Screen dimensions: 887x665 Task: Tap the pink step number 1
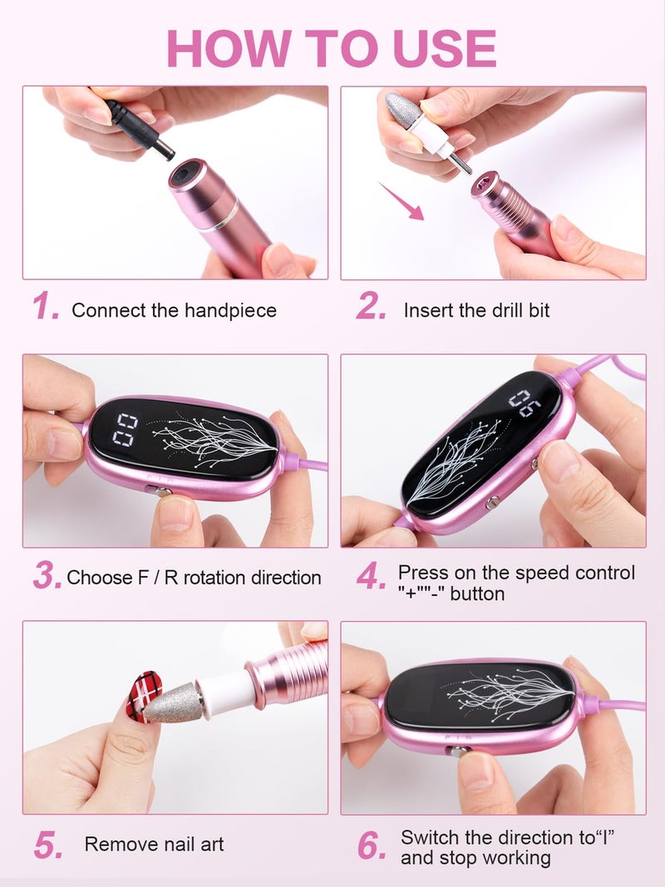(x=46, y=308)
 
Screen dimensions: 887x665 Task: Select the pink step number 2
(x=371, y=308)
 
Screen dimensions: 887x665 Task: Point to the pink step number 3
(x=47, y=575)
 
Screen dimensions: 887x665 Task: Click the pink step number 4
(x=371, y=576)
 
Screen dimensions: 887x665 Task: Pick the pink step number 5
(x=47, y=845)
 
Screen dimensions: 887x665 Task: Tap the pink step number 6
(x=372, y=845)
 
